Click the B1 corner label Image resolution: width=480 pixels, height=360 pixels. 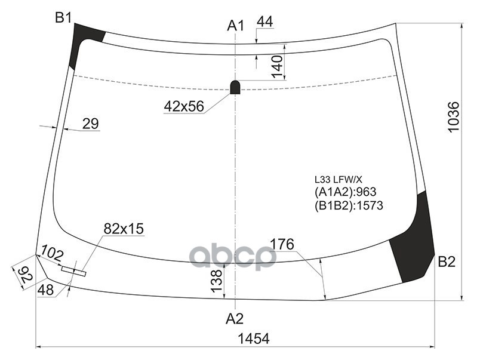click(63, 18)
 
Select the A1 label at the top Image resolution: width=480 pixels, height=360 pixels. click(236, 25)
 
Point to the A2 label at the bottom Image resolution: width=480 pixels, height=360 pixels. click(235, 318)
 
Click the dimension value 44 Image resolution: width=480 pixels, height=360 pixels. click(264, 21)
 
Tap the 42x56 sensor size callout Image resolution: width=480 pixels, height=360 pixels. click(183, 106)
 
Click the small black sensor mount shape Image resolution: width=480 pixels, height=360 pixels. click(235, 87)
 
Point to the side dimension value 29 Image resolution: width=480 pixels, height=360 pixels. click(90, 124)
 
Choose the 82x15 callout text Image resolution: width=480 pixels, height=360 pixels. click(124, 229)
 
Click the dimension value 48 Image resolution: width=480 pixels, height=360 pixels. click(45, 290)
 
